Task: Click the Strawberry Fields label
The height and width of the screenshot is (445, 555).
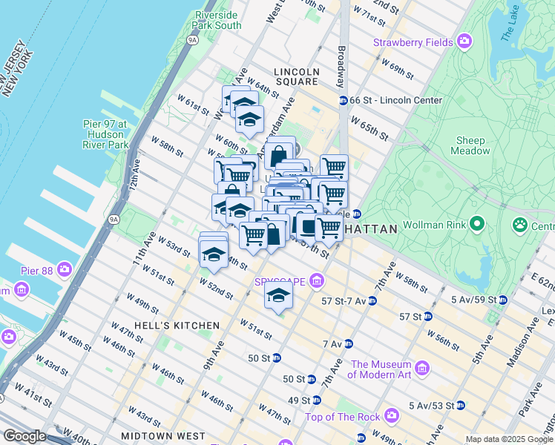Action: click(x=413, y=42)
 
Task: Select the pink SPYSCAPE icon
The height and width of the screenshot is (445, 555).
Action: click(x=318, y=280)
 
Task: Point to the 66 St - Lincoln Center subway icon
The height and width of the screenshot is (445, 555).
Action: click(x=344, y=100)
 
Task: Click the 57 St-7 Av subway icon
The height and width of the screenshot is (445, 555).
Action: click(x=372, y=300)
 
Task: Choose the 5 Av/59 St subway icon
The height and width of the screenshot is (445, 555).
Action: click(x=502, y=300)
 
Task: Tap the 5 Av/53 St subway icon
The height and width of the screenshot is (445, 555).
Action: click(x=460, y=406)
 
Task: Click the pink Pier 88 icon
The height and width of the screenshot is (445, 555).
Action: click(x=65, y=268)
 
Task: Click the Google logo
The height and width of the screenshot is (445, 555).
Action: click(x=25, y=436)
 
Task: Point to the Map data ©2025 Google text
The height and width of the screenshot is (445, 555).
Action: click(x=509, y=439)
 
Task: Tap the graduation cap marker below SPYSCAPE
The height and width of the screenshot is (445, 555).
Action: click(x=278, y=296)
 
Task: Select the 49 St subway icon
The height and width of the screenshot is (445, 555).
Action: click(x=317, y=400)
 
